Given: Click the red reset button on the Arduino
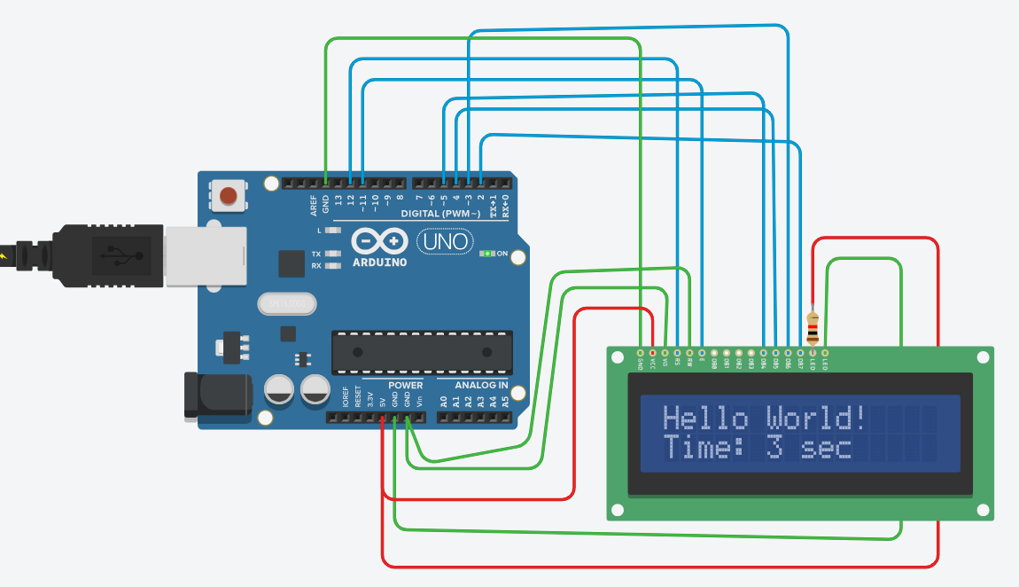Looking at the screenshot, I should [229, 195].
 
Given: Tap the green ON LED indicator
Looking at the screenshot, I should [486, 254].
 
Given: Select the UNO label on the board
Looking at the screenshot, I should [444, 241].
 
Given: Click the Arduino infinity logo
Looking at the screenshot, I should [379, 241].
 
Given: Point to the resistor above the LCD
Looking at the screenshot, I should [813, 327].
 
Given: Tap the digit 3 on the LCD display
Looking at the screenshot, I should [775, 448].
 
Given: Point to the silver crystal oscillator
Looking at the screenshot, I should [286, 304].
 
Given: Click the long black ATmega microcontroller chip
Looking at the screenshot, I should [422, 352].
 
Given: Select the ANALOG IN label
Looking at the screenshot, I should [481, 386].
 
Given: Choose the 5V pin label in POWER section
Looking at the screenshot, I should [383, 402].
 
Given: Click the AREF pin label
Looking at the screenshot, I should [314, 207].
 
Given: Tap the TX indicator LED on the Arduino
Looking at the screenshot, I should [333, 254].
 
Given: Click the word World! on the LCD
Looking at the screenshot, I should [815, 418].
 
